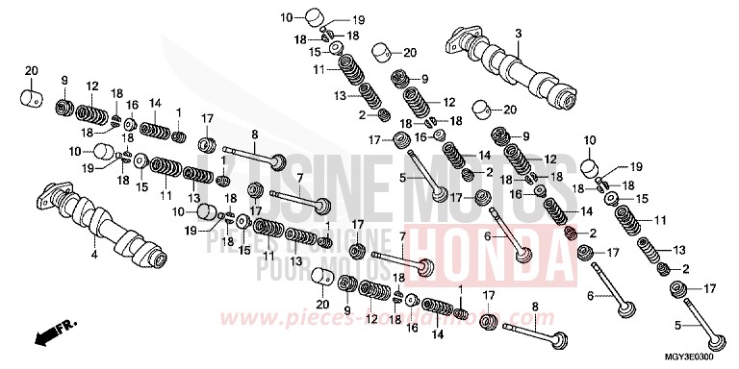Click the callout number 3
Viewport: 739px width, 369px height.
point(518,35)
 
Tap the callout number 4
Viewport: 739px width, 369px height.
point(94,256)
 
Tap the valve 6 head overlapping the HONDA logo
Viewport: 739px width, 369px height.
point(522,254)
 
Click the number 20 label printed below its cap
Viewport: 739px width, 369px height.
point(322,303)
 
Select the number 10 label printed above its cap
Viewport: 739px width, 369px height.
point(591,140)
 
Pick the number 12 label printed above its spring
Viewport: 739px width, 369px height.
point(92,86)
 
